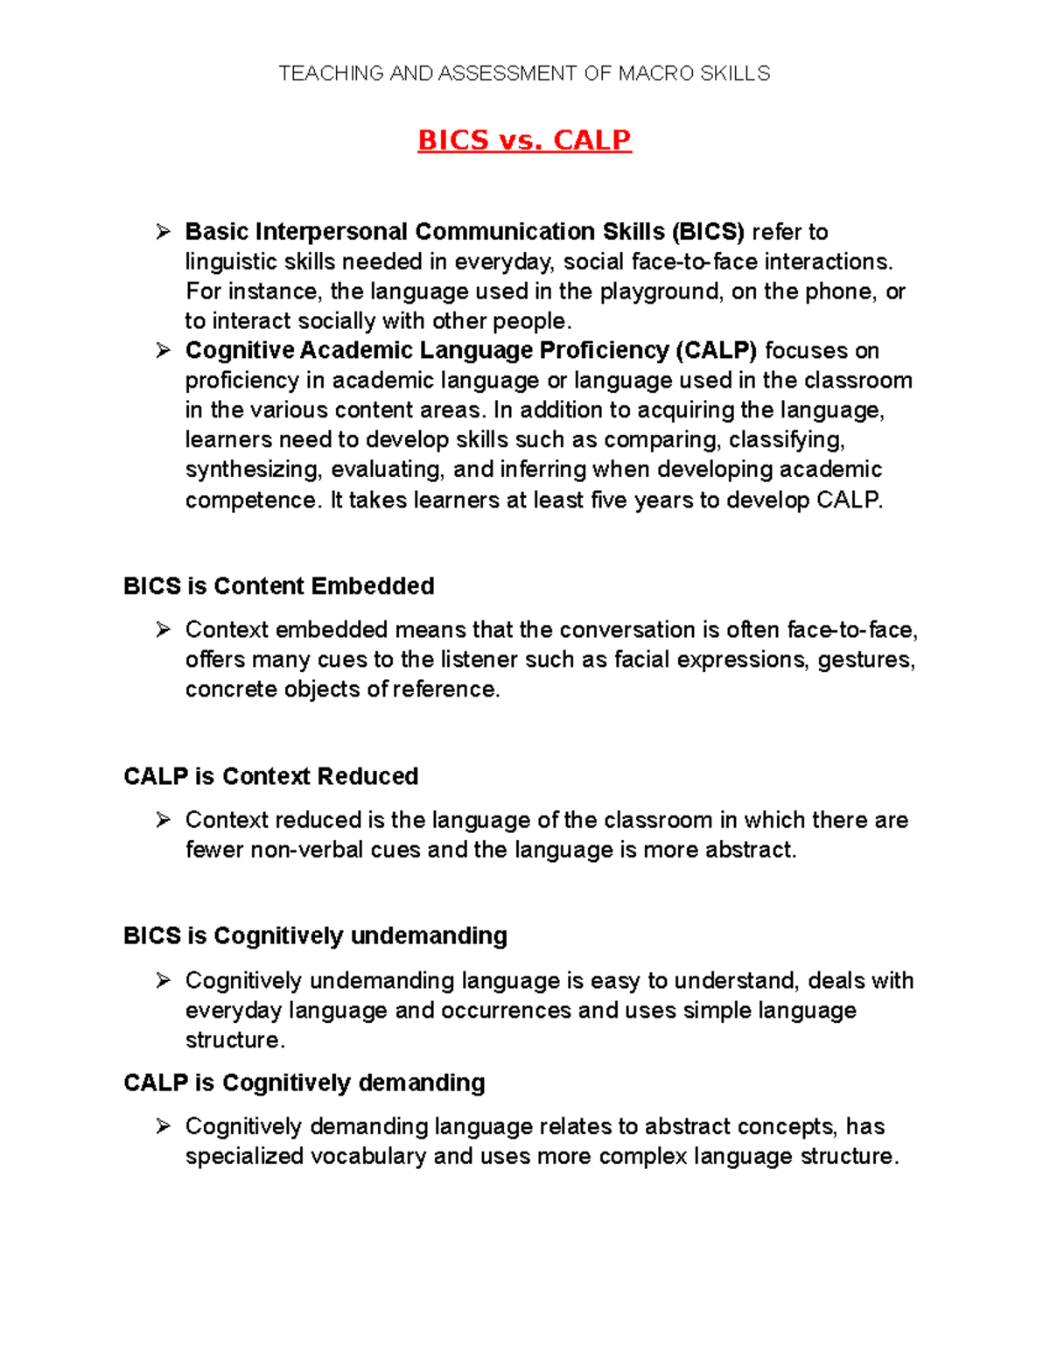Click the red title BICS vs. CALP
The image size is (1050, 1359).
pyautogui.click(x=524, y=140)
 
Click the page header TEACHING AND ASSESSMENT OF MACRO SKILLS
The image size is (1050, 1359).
pyautogui.click(x=524, y=74)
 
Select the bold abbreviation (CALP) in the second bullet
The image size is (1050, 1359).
pyautogui.click(x=716, y=351)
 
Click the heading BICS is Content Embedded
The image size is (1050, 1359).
pyautogui.click(x=279, y=586)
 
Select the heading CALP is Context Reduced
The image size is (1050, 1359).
pyautogui.click(x=271, y=777)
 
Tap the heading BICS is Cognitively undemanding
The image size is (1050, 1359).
pyautogui.click(x=316, y=936)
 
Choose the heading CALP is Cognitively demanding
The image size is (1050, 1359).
pyautogui.click(x=304, y=1083)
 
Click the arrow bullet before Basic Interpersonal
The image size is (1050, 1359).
pyautogui.click(x=163, y=232)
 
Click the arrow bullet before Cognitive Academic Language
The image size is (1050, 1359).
pyautogui.click(x=163, y=351)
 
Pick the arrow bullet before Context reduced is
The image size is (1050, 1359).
pyautogui.click(x=163, y=821)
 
